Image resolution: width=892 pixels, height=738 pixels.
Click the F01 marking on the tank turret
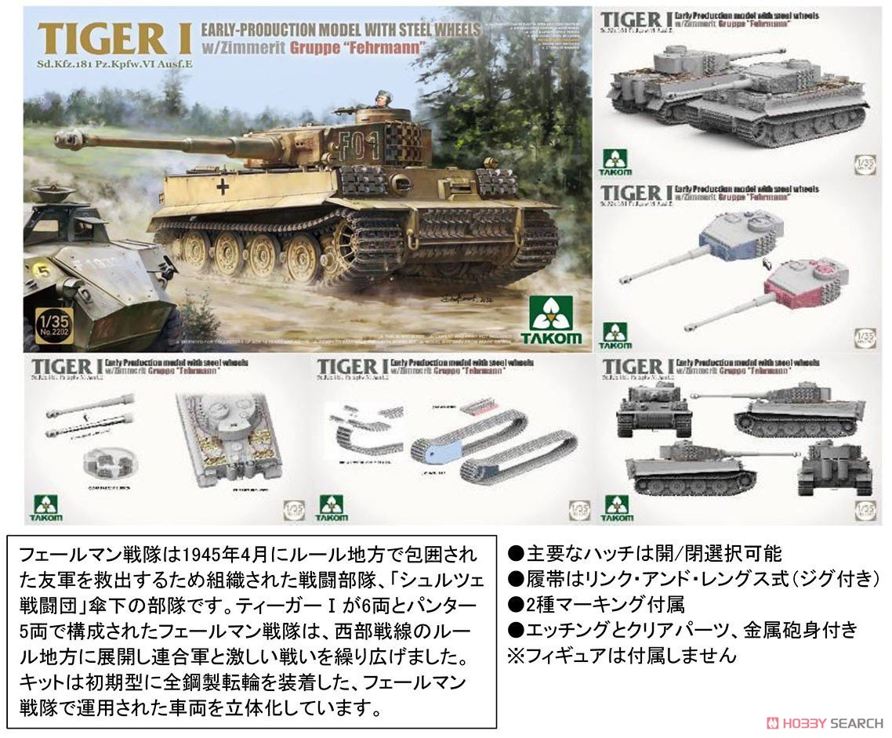click(x=377, y=145)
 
